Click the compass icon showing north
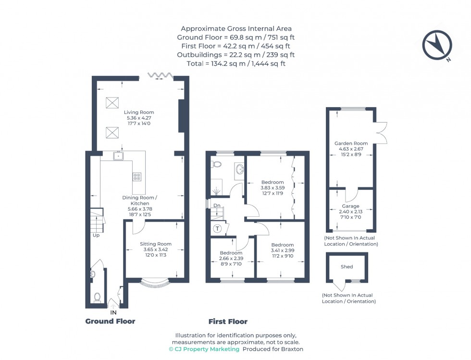click(x=437, y=46)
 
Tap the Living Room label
click(x=139, y=112)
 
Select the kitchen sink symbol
click(x=118, y=156)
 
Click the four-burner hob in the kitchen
click(x=137, y=176)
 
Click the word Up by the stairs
click(x=97, y=236)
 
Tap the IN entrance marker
click(x=113, y=312)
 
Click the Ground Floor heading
click(x=110, y=321)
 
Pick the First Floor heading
click(x=228, y=322)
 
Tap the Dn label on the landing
click(x=217, y=206)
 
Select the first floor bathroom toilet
click(x=217, y=164)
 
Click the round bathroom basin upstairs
click(x=239, y=169)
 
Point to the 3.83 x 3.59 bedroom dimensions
click(x=273, y=188)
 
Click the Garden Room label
click(x=351, y=143)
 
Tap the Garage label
click(x=350, y=206)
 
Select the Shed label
click(x=347, y=267)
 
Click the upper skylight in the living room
click(x=112, y=102)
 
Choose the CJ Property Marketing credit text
click(x=204, y=349)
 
